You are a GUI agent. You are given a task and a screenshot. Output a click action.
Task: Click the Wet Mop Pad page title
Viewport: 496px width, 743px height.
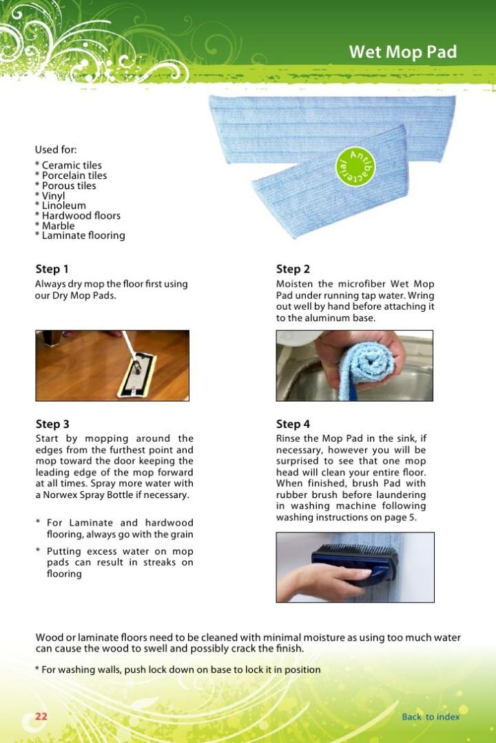point(402,52)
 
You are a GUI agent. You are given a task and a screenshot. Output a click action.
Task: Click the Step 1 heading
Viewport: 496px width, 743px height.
point(52,269)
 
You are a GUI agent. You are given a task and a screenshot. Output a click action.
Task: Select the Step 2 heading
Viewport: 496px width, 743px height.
point(293,269)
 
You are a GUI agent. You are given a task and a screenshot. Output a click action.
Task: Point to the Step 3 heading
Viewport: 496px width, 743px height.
point(52,424)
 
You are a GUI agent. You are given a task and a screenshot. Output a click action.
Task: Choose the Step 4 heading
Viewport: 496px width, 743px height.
point(293,424)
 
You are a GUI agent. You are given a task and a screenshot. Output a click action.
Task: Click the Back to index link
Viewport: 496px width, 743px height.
point(431,716)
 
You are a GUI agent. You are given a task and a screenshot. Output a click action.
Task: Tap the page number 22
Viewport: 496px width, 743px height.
point(41,716)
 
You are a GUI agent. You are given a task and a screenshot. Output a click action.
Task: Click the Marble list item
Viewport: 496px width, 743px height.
point(58,226)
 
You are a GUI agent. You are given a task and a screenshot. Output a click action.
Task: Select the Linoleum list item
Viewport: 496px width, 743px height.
point(63,206)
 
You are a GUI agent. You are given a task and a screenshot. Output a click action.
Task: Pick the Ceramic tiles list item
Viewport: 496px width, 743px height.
point(71,165)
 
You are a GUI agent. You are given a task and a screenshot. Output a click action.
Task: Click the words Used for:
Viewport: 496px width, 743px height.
point(56,149)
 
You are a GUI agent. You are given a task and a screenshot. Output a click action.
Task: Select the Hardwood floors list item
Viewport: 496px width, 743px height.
point(81,215)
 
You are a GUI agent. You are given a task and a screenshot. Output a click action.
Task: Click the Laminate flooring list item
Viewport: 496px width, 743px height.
point(83,235)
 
